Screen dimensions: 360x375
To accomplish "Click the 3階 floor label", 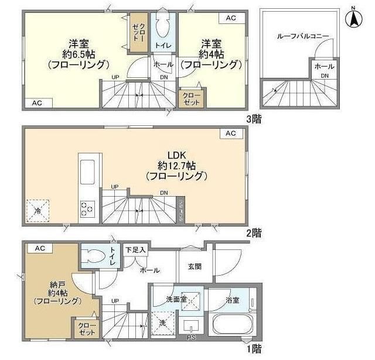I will [253, 118].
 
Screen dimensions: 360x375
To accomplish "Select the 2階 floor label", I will [253, 233].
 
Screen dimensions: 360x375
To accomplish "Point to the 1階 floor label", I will [253, 349].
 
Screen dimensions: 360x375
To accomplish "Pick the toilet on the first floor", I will [94, 256].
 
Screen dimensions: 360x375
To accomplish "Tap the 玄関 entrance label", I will [195, 266].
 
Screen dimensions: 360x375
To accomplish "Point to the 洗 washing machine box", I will [162, 322].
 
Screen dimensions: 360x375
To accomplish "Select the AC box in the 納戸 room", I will [39, 248].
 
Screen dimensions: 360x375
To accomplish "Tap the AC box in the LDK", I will [231, 134].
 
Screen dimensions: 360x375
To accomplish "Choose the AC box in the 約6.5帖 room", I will [37, 103].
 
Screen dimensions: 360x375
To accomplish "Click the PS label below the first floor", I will [190, 338].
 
